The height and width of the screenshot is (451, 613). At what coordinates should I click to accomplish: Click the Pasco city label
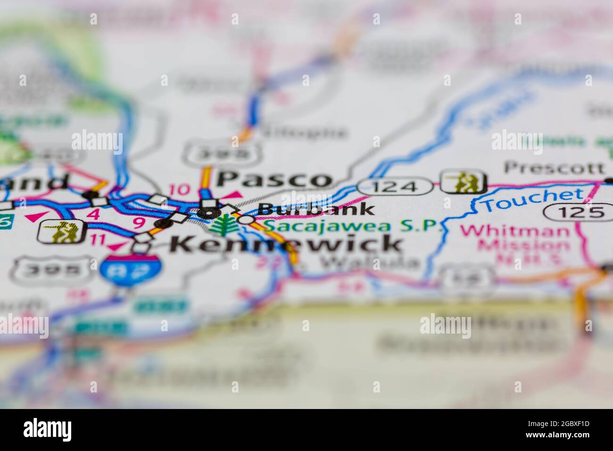click(x=274, y=179)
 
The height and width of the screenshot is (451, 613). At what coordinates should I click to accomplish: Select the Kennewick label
click(x=286, y=244)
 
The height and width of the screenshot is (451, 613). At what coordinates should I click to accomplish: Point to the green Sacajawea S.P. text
click(x=353, y=226)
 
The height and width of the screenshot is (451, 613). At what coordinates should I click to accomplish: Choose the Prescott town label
click(x=554, y=167)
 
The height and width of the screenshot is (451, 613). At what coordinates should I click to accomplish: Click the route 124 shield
click(x=394, y=187)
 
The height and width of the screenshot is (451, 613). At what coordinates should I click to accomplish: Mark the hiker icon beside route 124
click(x=463, y=182)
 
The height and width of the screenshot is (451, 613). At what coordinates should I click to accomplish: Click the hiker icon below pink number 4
click(x=62, y=232)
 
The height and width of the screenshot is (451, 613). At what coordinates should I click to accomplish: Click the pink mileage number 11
click(x=98, y=239)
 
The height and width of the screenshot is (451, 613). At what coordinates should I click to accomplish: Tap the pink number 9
click(x=138, y=223)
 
